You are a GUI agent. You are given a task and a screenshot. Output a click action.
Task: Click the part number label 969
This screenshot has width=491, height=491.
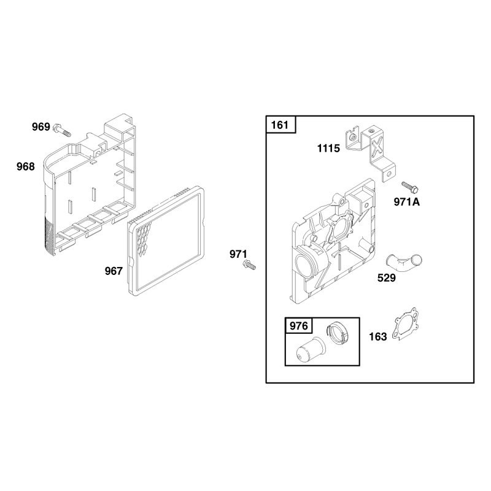(x=41, y=127)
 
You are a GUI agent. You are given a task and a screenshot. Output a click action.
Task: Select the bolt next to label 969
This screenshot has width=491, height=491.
(x=62, y=130)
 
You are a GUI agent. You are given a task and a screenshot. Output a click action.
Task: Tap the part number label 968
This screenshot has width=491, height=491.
(x=26, y=166)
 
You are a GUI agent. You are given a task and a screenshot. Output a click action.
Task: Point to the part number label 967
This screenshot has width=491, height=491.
(x=114, y=271)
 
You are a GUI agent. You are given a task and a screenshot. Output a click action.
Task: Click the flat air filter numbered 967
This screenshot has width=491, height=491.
(x=166, y=241)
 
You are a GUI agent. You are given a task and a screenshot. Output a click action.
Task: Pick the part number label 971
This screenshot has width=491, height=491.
(x=238, y=254)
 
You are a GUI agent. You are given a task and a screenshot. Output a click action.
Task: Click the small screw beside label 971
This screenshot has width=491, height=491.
(x=249, y=265)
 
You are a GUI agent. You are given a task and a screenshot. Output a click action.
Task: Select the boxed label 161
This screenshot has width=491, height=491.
(x=280, y=125)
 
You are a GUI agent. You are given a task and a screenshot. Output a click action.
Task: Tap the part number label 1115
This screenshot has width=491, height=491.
(x=328, y=148)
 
